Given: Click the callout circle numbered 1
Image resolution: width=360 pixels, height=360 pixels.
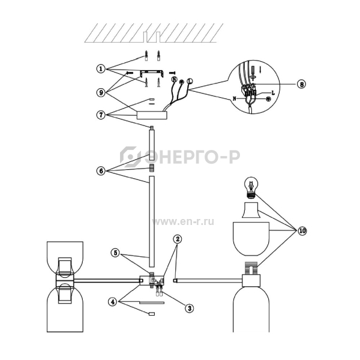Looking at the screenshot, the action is coord(101,68).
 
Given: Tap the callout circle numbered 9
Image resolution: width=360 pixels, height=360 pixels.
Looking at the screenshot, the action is coord(101,92).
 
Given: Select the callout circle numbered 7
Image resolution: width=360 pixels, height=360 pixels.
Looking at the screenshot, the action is coord(101,115).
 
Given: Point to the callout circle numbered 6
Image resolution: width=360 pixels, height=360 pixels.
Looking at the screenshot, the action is coord(101,171).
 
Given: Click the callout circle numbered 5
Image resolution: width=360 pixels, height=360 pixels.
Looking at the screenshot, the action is coord(115,253).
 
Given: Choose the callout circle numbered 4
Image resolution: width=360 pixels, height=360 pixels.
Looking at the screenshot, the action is coord(113,302).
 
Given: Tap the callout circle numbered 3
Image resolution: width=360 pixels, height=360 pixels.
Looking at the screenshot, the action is coord(190,308).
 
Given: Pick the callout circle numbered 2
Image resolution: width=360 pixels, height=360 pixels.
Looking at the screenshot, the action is coord(177,239).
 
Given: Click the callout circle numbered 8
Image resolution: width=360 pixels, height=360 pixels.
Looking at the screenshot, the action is coord(302,84).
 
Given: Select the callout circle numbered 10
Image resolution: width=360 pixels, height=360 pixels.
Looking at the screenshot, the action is coord(302,231).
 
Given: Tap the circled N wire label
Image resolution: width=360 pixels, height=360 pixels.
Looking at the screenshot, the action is coord(175,79).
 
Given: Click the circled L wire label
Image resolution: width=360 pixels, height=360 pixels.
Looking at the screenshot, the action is coord(190,81).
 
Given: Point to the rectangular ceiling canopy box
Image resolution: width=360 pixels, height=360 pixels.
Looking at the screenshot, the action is coord(152,115).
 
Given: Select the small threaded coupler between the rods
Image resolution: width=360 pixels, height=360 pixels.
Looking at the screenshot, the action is coord(152,168).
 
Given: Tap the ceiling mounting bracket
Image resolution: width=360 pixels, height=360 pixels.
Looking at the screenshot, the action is coord(152,73).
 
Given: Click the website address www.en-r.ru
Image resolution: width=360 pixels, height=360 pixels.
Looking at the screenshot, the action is coord(183,222).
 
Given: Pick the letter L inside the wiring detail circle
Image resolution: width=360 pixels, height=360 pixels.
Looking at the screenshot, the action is coord(273,93).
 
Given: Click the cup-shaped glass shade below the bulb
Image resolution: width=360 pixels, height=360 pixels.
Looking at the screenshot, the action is coord(251,239).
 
